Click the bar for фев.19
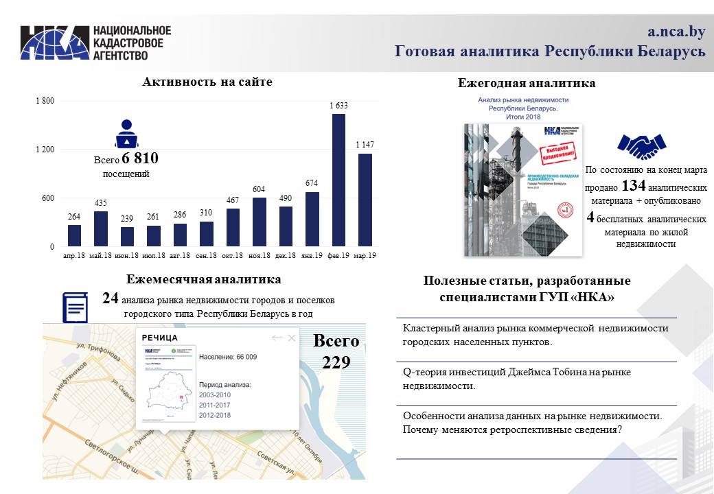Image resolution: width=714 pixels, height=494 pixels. coord(338,180)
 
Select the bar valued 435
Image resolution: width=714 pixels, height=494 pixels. coord(101,228)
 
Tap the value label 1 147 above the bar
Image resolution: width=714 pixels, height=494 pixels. coord(365,145)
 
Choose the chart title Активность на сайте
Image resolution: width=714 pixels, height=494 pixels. coord(207,82)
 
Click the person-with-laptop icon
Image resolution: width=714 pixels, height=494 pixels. coord(126,134)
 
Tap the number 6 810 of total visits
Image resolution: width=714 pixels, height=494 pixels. coord(140,158)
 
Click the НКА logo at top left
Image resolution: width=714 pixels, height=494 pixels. coord(55,43)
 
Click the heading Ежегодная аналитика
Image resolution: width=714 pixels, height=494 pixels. coord(527,84)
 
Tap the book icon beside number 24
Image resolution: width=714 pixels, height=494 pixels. coord(76,307)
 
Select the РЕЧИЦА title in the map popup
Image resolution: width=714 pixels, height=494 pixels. coord(160,338)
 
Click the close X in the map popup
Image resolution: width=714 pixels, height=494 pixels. coord(292,338)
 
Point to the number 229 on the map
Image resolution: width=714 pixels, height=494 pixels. coord(336,362)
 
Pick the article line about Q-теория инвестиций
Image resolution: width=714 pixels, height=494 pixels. coord(516,379)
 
